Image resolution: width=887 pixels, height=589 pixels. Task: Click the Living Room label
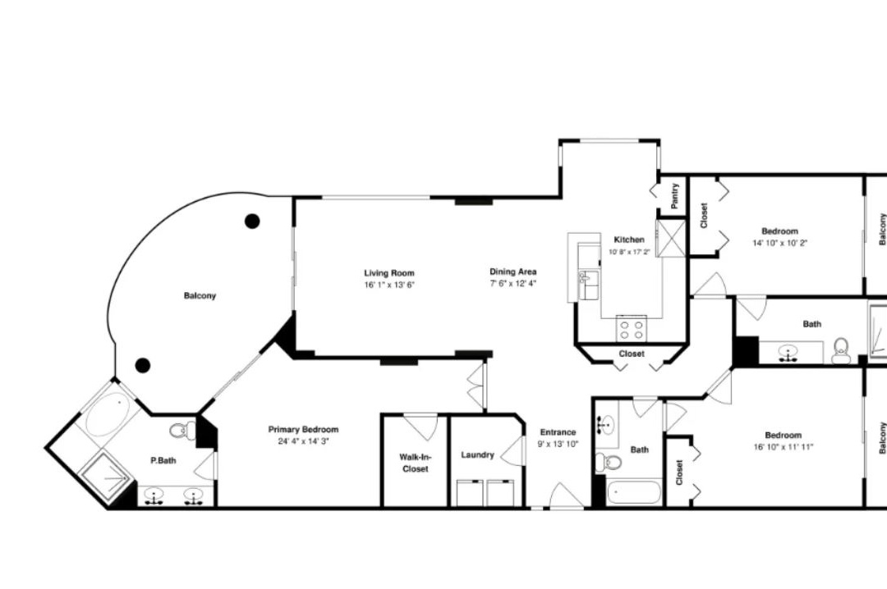click(x=389, y=273)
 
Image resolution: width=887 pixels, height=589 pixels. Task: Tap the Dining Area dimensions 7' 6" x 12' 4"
click(x=512, y=284)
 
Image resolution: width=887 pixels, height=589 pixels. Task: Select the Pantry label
click(x=674, y=195)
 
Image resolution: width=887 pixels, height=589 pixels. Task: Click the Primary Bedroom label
click(x=303, y=430)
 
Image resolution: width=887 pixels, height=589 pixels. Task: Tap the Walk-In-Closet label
click(x=416, y=463)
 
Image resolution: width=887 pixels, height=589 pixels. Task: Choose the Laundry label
click(x=477, y=455)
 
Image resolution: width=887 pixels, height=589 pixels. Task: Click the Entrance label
click(x=558, y=432)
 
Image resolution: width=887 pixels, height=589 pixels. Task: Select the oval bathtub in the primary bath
click(x=108, y=414)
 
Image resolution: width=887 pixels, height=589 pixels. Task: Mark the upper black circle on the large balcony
click(x=252, y=221)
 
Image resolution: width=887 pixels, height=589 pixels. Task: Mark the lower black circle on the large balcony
click(x=143, y=365)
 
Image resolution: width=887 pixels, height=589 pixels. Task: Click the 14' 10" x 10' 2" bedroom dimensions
click(x=779, y=243)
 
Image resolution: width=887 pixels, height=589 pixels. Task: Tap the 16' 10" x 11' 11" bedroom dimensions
click(x=783, y=447)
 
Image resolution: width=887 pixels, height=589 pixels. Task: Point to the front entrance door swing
click(x=566, y=495)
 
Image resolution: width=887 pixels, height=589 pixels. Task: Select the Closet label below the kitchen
click(x=632, y=354)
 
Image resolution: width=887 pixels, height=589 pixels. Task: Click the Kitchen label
click(x=629, y=240)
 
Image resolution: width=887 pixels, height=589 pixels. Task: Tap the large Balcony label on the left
click(x=200, y=295)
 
